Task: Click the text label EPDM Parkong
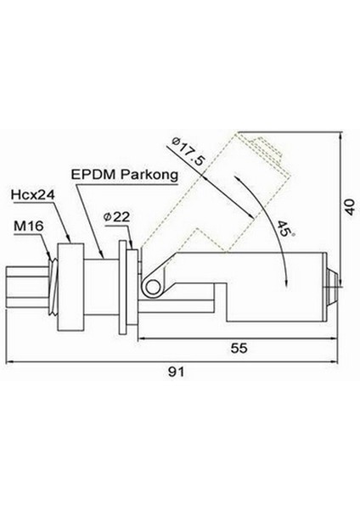click(125, 175)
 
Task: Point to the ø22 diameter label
click(115, 217)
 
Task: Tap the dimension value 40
click(348, 206)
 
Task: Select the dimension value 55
click(240, 348)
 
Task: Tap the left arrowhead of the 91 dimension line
click(10, 361)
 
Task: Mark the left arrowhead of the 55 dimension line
click(141, 337)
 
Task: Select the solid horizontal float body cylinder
click(272, 281)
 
